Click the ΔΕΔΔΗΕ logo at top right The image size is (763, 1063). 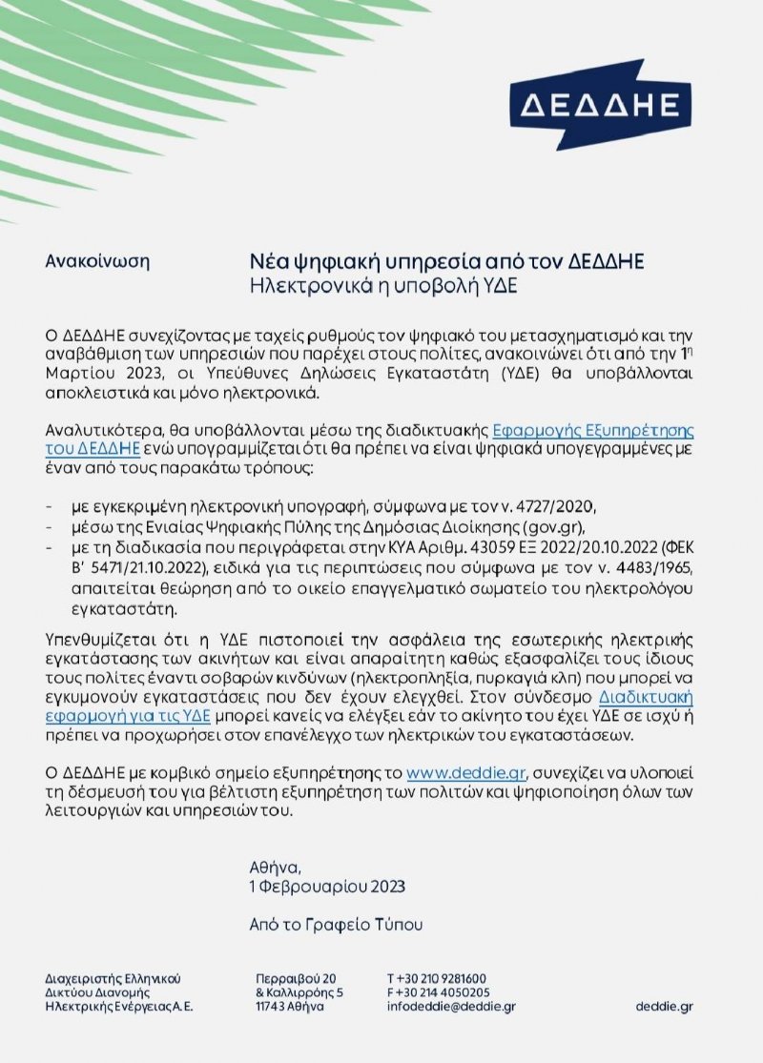pyautogui.click(x=600, y=103)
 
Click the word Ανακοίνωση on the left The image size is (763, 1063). pyautogui.click(x=97, y=260)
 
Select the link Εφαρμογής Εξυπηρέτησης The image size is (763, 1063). pyautogui.click(x=599, y=430)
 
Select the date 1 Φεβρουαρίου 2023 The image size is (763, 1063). pyautogui.click(x=327, y=887)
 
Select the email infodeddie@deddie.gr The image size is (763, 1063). pyautogui.click(x=451, y=1007)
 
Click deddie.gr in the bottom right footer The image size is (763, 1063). pyautogui.click(x=664, y=1007)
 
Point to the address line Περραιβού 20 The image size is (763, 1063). pyautogui.click(x=297, y=979)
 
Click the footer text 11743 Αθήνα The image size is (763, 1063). pyautogui.click(x=290, y=1007)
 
